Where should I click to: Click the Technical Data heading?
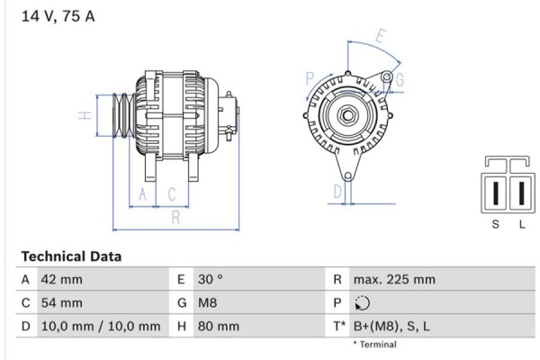[x=71, y=256]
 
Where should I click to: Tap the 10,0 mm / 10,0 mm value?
[x=101, y=327]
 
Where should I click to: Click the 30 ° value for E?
[x=206, y=280]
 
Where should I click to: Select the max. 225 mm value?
[x=394, y=280]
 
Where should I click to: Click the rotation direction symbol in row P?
[x=362, y=303]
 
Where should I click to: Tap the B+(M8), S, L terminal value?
[x=392, y=327]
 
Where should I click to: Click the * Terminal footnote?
[x=374, y=345]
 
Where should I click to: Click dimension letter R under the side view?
[x=176, y=216]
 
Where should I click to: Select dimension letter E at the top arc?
[x=382, y=37]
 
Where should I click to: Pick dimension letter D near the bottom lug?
[x=337, y=191]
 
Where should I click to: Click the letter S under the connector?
[x=494, y=224]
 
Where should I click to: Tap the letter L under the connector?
[x=521, y=224]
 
